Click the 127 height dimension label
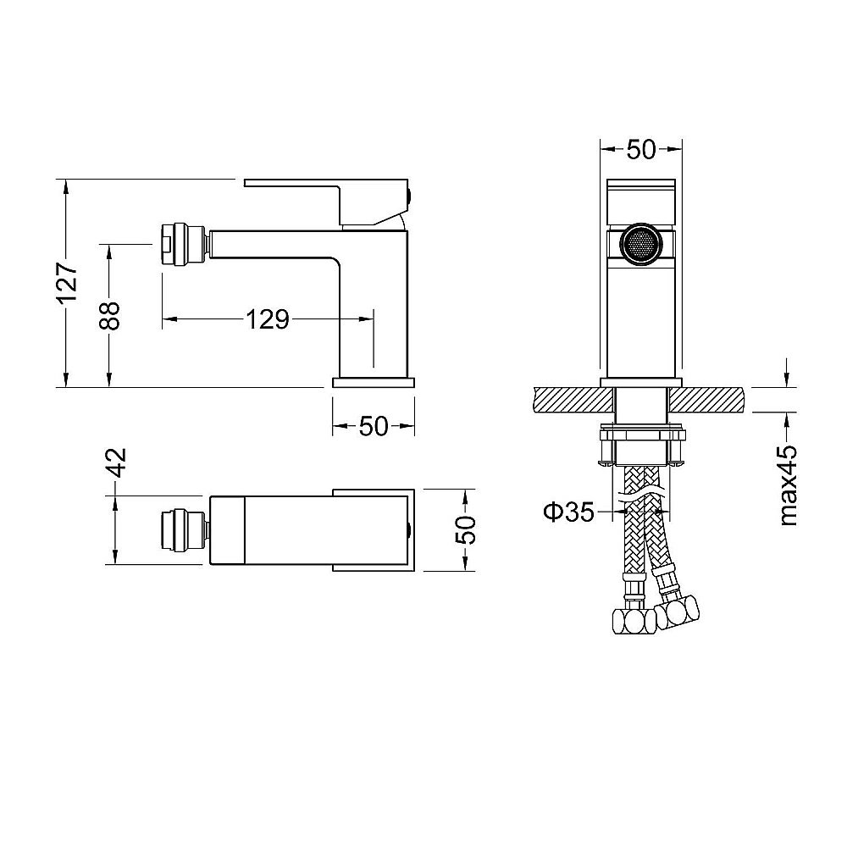coord(69,284)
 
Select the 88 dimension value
coord(109,315)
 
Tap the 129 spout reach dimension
coord(268,319)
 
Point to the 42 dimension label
coord(116,462)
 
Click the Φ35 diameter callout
coord(568,512)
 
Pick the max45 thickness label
coord(788,485)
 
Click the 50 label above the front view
coord(641,150)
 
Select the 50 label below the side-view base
coord(374,426)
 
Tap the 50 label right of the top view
coord(466,530)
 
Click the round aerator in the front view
coord(640,244)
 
